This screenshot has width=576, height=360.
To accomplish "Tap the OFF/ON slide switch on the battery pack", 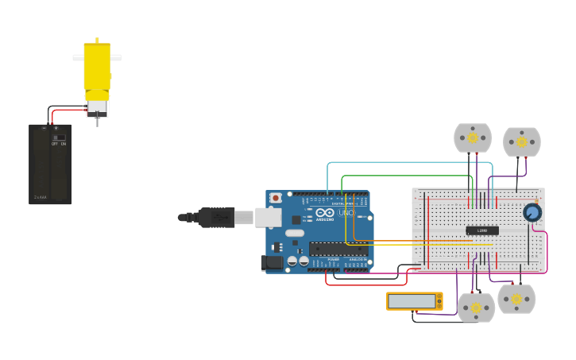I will (x=59, y=138).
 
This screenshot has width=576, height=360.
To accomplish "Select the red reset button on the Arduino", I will (x=276, y=197).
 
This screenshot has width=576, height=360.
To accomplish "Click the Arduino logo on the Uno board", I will (x=325, y=212).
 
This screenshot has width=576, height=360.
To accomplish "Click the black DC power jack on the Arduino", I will (x=273, y=261).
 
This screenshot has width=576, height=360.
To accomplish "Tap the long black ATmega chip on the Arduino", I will (x=338, y=249).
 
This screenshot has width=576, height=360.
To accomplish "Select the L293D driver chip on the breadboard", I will (x=482, y=230).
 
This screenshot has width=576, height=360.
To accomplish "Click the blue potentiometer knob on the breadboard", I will (x=532, y=212).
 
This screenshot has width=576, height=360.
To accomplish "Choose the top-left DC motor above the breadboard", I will (x=473, y=137).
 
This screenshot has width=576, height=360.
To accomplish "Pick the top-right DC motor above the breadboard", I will (x=522, y=141).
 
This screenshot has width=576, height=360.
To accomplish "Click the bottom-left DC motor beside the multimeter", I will (x=476, y=308).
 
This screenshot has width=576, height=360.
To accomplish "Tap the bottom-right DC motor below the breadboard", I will (x=516, y=299).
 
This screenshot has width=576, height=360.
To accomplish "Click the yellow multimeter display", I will (x=413, y=301).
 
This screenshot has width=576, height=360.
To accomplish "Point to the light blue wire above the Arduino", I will (x=397, y=163).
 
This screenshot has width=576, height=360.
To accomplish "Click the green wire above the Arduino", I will (x=405, y=176).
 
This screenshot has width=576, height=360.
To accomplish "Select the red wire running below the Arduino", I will (x=365, y=285).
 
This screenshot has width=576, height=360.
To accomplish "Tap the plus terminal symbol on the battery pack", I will (x=56, y=127).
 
